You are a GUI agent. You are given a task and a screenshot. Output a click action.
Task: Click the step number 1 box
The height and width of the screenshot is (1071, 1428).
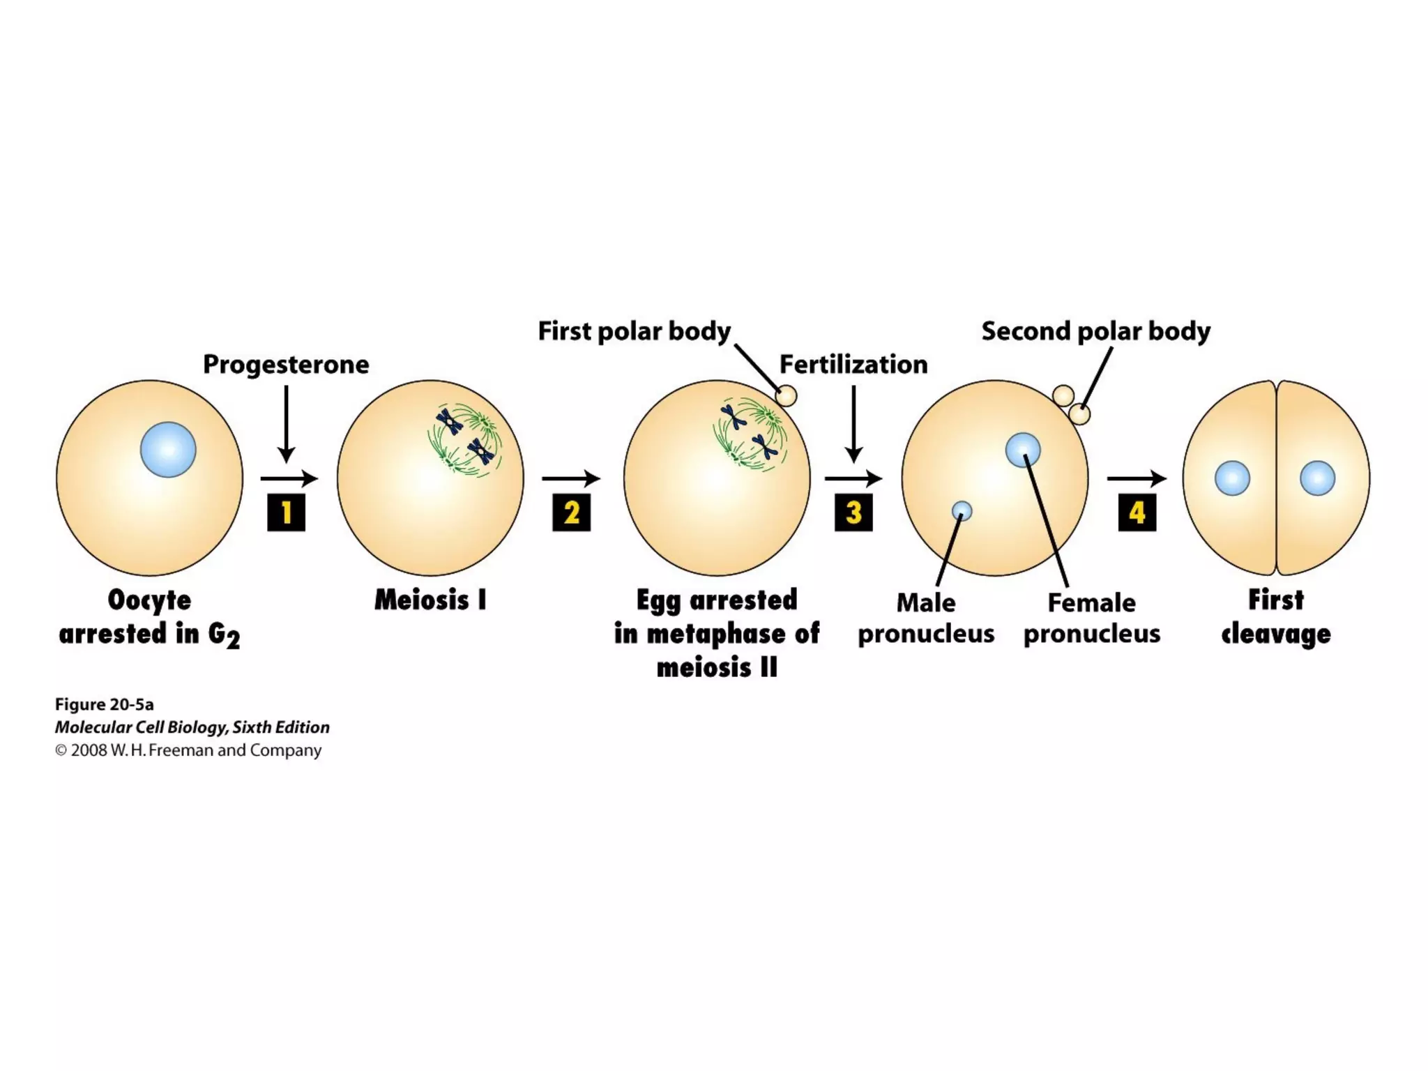286,512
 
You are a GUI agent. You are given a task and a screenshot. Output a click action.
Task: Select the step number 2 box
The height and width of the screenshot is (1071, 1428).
571,512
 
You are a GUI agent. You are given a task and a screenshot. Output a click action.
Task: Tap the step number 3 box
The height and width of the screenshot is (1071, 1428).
853,512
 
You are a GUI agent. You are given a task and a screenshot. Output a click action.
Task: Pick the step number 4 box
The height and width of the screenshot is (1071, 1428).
1137,512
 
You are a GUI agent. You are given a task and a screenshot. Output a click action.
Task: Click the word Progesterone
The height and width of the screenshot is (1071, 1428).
286,364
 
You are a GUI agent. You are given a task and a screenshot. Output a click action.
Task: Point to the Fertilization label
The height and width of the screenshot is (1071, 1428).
853,364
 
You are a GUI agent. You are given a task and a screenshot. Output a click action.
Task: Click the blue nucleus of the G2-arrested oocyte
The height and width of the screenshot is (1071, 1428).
168,450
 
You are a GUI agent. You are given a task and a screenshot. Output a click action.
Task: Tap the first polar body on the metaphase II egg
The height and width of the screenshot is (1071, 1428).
786,395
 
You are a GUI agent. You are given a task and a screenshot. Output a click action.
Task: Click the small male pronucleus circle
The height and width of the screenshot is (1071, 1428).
962,511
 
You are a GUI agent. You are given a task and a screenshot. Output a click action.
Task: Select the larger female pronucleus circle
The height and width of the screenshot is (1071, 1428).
1023,450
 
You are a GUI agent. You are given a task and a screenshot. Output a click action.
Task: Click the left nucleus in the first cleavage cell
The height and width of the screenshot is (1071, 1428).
1232,478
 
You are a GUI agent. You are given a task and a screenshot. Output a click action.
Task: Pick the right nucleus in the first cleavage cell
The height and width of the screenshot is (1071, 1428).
1317,478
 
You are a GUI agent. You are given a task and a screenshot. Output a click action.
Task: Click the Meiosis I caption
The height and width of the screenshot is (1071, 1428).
430,600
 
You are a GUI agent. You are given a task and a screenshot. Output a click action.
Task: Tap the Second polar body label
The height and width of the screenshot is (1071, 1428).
1095,331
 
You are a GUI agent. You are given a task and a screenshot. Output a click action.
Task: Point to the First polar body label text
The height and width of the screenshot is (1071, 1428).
634,331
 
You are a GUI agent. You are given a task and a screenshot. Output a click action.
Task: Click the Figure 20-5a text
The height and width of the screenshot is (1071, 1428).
105,704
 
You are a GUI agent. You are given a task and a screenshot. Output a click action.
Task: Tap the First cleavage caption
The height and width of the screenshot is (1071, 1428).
1275,617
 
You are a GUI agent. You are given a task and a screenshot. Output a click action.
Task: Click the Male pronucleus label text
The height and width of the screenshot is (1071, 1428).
926,618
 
